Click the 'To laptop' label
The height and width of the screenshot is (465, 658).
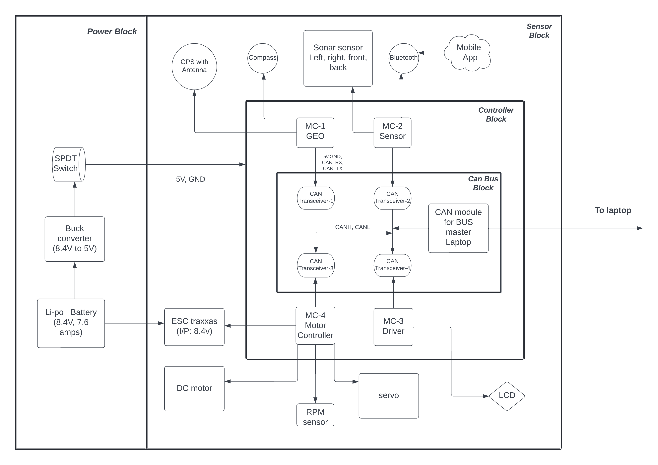[x=613, y=210]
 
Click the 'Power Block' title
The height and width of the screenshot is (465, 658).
[x=112, y=31]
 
